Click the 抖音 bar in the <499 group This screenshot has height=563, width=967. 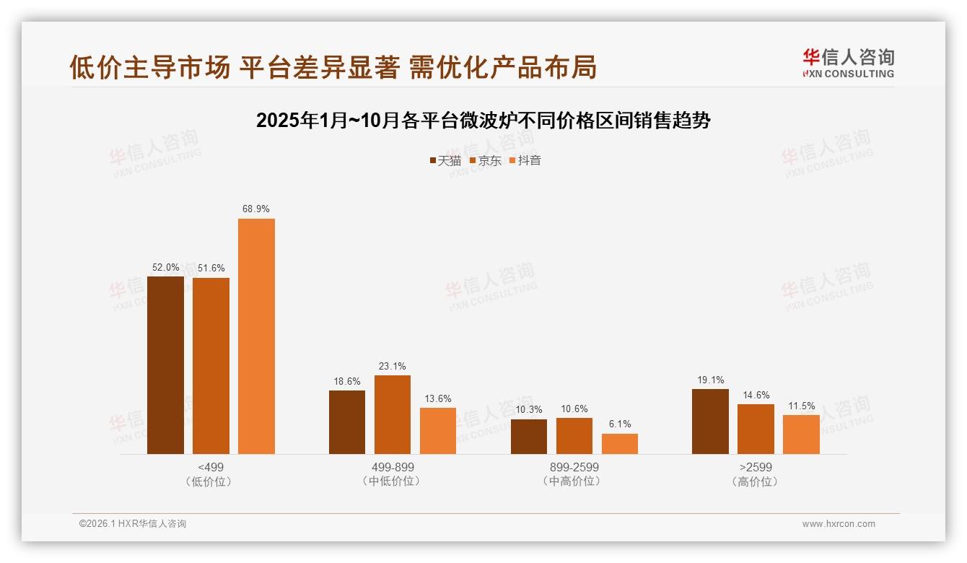(256, 336)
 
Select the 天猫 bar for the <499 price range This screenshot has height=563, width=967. (165, 365)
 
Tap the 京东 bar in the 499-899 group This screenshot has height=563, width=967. (392, 414)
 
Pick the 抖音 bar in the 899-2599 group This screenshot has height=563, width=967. (620, 444)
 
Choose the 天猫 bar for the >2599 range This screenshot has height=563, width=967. (710, 422)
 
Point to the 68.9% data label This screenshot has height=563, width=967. (256, 209)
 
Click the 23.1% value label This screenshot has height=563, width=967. (392, 366)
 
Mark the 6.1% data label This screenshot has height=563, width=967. (620, 424)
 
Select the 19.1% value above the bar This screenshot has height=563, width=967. (710, 380)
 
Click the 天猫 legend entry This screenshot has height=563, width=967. (445, 161)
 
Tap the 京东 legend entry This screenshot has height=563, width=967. (485, 161)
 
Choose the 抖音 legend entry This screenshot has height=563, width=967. (525, 161)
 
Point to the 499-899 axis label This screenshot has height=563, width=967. (392, 468)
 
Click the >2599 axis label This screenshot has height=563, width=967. (756, 468)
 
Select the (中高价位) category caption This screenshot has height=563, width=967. (574, 481)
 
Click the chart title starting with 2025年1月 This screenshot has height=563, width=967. (483, 121)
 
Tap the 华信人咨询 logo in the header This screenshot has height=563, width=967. (848, 63)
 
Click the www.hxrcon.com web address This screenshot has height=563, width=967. (839, 524)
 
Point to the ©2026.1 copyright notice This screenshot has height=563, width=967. (133, 524)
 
